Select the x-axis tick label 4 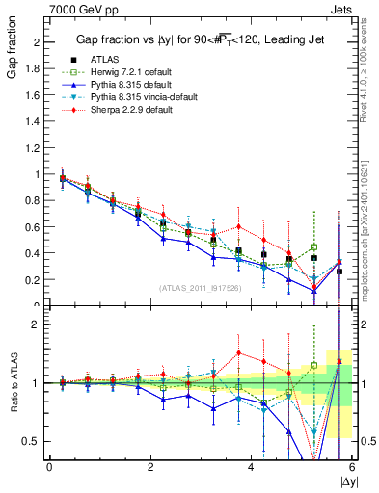tap(251, 467)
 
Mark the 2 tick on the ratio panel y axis tap(37, 324)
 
